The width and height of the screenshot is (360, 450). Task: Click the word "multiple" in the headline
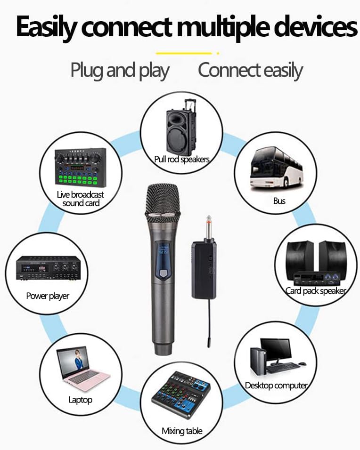pyautogui.click(x=223, y=28)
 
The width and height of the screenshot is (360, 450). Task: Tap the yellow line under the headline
pyautogui.click(x=184, y=53)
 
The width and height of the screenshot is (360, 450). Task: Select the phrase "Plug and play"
pyautogui.click(x=120, y=71)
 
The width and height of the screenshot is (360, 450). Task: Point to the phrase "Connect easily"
pyautogui.click(x=250, y=71)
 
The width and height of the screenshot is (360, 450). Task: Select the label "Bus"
pyautogui.click(x=279, y=201)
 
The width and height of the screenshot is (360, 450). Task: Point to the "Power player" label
pyautogui.click(x=48, y=296)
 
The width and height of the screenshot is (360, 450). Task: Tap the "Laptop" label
pyautogui.click(x=81, y=400)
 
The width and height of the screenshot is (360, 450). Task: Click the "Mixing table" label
pyautogui.click(x=182, y=431)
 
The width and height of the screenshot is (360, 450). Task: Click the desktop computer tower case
pyautogui.click(x=258, y=362)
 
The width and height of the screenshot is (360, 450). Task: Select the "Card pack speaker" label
pyautogui.click(x=316, y=291)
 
